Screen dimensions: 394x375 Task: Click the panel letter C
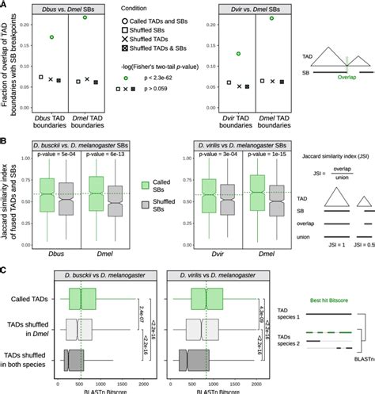(4, 271)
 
